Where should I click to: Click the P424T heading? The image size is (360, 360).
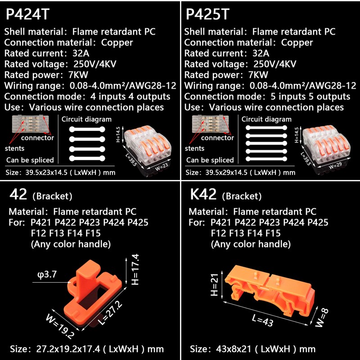(x=27, y=14)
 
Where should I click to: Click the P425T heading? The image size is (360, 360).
(x=207, y=14)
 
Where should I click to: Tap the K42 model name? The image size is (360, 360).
(x=203, y=194)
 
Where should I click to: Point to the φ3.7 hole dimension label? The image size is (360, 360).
(x=47, y=274)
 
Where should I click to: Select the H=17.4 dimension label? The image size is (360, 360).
(x=135, y=269)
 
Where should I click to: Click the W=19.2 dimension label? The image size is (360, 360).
(x=60, y=326)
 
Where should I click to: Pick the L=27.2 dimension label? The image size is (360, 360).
(x=110, y=313)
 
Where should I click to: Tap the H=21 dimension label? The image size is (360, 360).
(x=215, y=285)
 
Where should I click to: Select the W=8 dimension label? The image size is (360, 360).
(x=322, y=318)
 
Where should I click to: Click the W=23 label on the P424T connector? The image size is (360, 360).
(x=162, y=166)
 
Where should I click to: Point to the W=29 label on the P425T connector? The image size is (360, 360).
(x=335, y=165)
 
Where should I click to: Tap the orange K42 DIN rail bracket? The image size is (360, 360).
(x=270, y=290)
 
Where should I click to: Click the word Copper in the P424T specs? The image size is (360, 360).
(x=117, y=43)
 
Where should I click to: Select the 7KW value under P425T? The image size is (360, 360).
(x=258, y=75)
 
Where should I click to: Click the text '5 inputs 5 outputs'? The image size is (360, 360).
(x=310, y=97)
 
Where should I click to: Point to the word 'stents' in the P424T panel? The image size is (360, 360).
(x=14, y=148)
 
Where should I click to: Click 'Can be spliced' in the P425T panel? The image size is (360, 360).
(x=210, y=160)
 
